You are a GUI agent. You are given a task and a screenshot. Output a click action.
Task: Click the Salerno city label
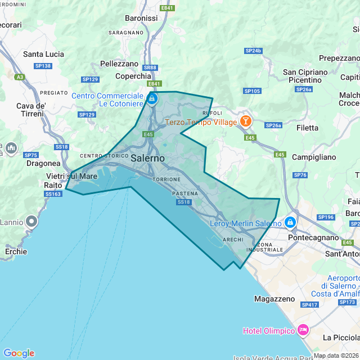[147, 159]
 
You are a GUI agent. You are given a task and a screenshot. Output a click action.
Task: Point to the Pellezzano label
[119, 64]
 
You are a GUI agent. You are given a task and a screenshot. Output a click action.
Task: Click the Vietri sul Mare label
[71, 176]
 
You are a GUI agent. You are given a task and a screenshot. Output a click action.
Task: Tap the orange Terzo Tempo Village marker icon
[245, 121]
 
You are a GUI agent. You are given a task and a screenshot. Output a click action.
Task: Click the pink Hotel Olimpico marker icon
[303, 330]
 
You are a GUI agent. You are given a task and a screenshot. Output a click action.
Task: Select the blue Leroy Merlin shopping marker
[290, 223]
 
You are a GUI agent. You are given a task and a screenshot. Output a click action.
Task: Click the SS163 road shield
[52, 194]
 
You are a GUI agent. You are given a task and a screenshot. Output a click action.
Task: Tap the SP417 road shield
[309, 305]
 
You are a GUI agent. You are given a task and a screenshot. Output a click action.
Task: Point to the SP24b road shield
[254, 51]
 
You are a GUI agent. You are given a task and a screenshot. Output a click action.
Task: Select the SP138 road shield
[43, 66]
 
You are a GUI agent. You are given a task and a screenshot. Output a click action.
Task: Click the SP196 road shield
[326, 217]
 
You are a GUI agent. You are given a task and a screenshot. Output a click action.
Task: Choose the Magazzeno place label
[275, 298]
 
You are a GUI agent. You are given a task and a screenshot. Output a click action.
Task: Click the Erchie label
[16, 251]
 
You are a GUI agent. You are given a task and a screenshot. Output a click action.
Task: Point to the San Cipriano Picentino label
[305, 76]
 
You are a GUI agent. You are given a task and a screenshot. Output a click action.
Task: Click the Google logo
[19, 353]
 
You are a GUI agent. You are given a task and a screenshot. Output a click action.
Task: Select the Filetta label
[307, 128]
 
